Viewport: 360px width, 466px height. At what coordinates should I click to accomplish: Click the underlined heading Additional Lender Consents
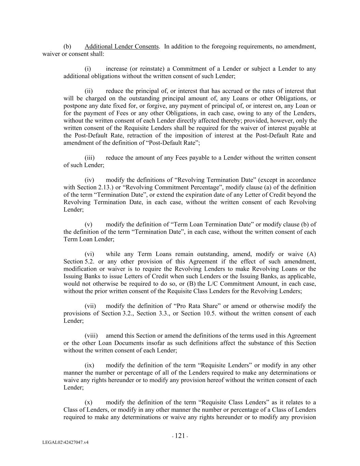coord(121,46)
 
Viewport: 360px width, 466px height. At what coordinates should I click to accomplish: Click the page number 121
coord(180,436)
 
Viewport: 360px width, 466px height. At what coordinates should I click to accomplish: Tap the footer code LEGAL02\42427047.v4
coord(66,442)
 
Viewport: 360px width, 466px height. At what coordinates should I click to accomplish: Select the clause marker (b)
coord(67,46)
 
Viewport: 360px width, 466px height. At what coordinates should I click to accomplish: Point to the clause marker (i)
coord(88,69)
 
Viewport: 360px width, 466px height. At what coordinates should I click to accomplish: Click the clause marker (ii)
coord(89,91)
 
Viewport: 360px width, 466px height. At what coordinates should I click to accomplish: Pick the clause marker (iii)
coord(89,158)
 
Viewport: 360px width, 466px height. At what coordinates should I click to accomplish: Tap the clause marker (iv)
coord(89,180)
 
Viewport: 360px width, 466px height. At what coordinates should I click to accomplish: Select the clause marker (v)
coord(88,224)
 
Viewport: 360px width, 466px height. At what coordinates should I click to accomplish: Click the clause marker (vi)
coord(89,254)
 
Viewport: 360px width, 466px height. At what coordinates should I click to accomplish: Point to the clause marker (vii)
coord(90,306)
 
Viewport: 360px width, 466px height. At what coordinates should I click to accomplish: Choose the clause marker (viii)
coord(91,336)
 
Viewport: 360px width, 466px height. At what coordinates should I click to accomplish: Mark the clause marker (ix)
coord(89,365)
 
